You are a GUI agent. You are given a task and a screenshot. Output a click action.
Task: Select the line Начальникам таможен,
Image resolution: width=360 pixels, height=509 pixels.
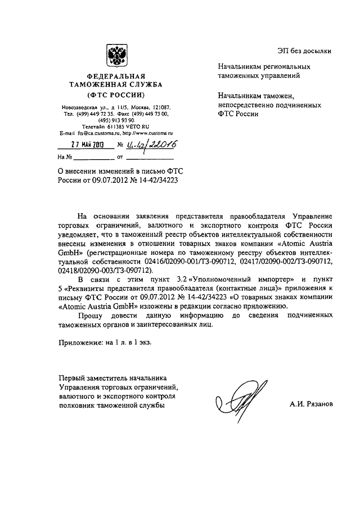tap(253, 96)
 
